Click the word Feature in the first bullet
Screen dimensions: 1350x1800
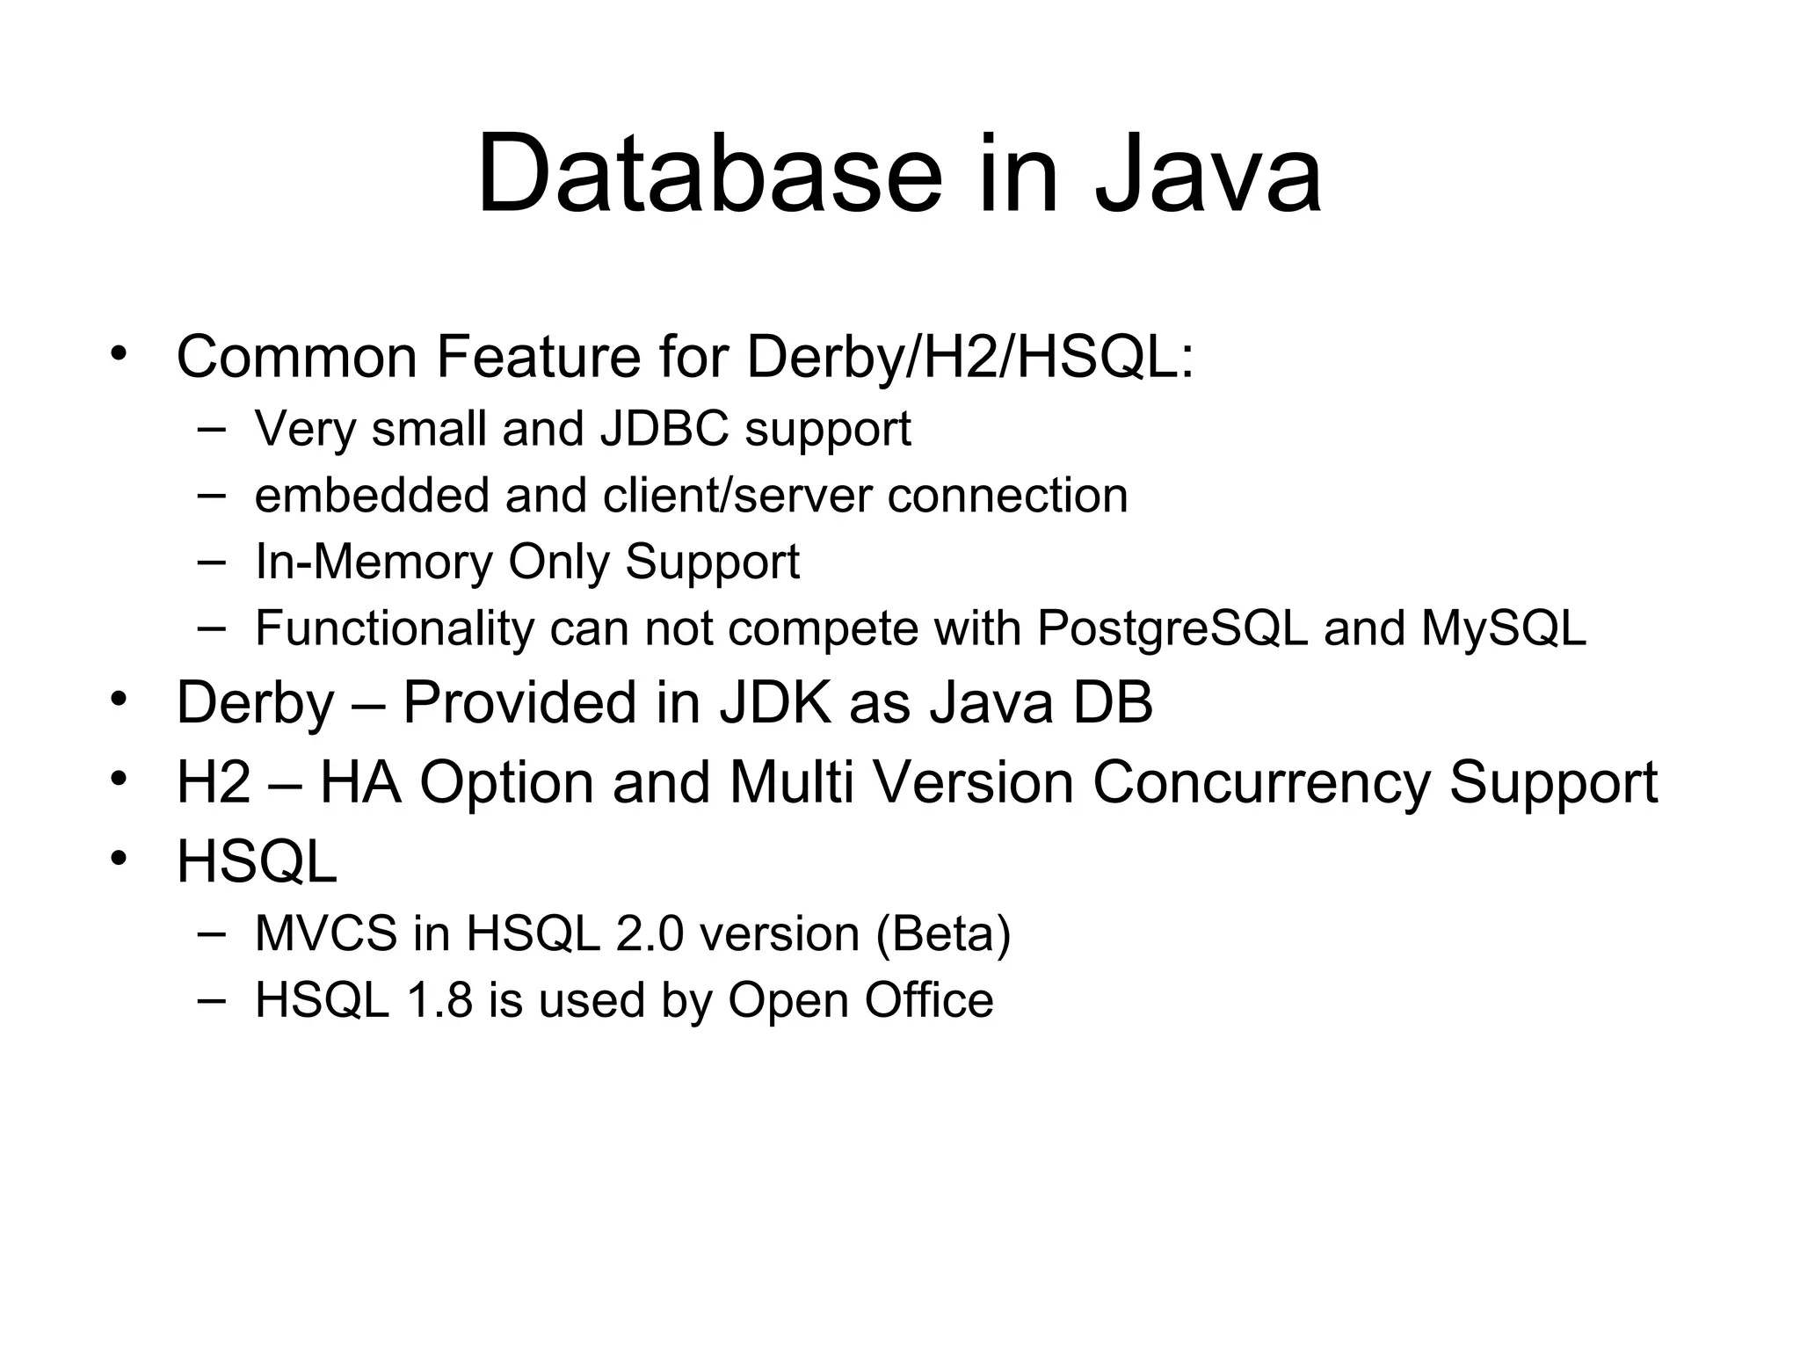(x=538, y=357)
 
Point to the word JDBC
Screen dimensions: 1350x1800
(x=664, y=429)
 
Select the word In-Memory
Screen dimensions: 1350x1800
(x=374, y=562)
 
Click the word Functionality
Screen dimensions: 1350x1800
(x=394, y=628)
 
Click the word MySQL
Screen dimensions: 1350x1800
(x=1503, y=628)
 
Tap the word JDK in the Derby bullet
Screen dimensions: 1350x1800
(x=774, y=703)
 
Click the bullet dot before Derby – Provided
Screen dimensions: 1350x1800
(x=120, y=700)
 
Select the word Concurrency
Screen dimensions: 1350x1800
(x=1260, y=782)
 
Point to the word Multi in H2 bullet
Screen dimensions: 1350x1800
(x=791, y=782)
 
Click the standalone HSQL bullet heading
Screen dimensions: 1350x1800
(x=257, y=861)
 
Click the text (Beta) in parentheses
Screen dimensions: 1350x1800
(x=943, y=933)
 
